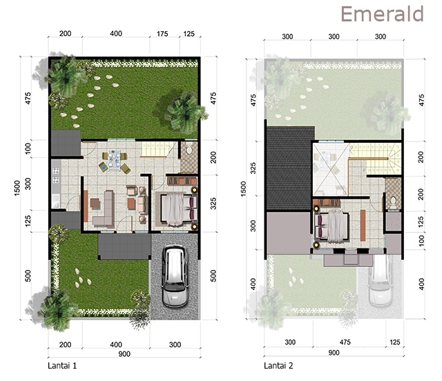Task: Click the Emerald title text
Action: [x=382, y=14]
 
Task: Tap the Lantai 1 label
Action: [x=62, y=366]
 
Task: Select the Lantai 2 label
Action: [x=278, y=366]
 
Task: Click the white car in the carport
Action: [x=175, y=276]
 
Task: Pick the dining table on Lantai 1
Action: [x=114, y=161]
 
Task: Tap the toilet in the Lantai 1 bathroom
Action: [x=189, y=148]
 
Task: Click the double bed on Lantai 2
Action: [x=332, y=226]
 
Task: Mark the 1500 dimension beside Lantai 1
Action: [x=17, y=188]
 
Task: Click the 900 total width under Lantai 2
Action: [x=334, y=353]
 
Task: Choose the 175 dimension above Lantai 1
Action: [x=162, y=34]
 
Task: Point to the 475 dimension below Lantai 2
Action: [x=345, y=342]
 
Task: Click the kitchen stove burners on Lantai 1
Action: [x=56, y=175]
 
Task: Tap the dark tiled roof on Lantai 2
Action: [x=291, y=168]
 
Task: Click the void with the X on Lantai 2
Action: [x=330, y=169]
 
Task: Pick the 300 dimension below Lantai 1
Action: [x=175, y=344]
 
